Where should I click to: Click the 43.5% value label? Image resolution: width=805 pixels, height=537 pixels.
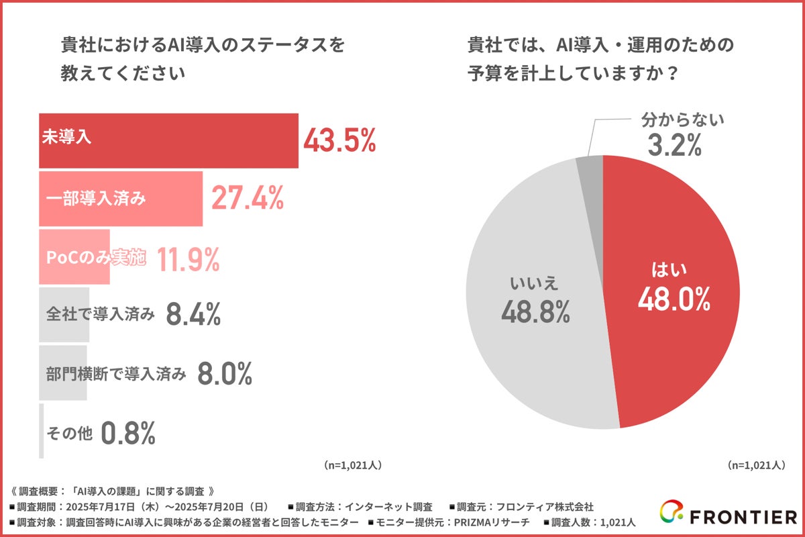pyautogui.click(x=339, y=141)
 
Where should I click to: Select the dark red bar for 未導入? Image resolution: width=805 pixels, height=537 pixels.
pyautogui.click(x=168, y=141)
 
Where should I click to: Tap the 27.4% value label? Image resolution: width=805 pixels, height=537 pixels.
pyautogui.click(x=248, y=199)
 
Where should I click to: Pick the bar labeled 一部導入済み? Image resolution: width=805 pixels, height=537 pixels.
pyautogui.click(x=121, y=199)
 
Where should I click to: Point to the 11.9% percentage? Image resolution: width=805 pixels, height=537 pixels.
pyautogui.click(x=188, y=258)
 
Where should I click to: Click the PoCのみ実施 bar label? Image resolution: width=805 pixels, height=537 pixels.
pyautogui.click(x=95, y=258)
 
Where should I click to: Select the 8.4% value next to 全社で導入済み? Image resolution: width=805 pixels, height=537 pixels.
pyautogui.click(x=193, y=314)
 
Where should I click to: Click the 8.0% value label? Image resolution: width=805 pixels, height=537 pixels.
pyautogui.click(x=224, y=374)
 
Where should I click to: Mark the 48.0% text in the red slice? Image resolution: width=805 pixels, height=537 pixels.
pyautogui.click(x=674, y=300)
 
